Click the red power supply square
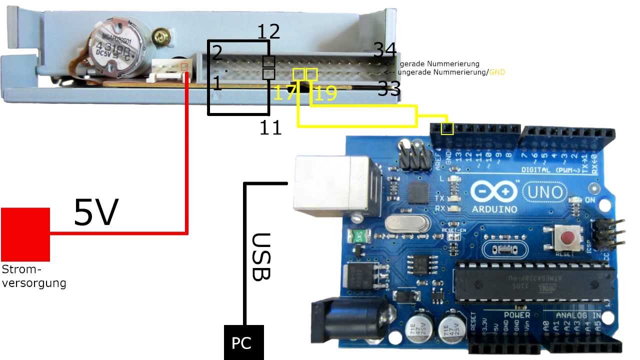coord(25,234)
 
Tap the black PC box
coord(243,342)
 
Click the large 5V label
coord(96,212)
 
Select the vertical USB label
coord(260,256)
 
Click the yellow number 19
coord(325,93)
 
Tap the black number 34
coord(385,50)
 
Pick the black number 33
coord(389,89)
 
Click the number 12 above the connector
coord(268,32)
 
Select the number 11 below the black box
coord(270,128)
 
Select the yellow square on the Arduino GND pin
coord(447,128)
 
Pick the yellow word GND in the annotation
coord(497,72)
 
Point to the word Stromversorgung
coord(33,276)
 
